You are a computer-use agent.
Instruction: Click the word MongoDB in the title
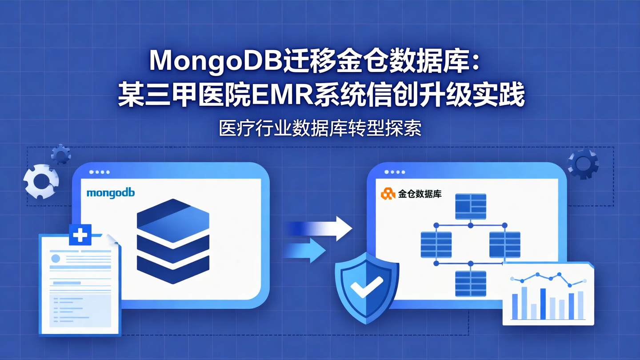pyautogui.click(x=216, y=61)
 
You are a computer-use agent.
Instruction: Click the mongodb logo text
pyautogui.click(x=111, y=193)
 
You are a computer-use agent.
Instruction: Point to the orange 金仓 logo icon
pyautogui.click(x=388, y=194)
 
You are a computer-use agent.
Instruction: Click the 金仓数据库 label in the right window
pyautogui.click(x=420, y=194)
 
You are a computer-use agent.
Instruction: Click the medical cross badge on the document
pyautogui.click(x=80, y=234)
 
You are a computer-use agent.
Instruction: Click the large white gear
pyautogui.click(x=41, y=181)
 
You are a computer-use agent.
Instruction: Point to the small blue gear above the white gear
pyautogui.click(x=61, y=154)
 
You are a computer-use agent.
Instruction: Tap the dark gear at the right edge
pyautogui.click(x=583, y=163)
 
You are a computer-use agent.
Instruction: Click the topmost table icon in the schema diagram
pyautogui.click(x=471, y=206)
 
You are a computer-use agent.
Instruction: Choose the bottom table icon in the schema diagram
pyautogui.click(x=471, y=283)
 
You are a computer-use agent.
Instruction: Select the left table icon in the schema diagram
pyautogui.click(x=436, y=244)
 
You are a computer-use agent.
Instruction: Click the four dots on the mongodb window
pyautogui.click(x=99, y=172)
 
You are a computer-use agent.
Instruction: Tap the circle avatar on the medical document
pyautogui.click(x=56, y=258)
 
